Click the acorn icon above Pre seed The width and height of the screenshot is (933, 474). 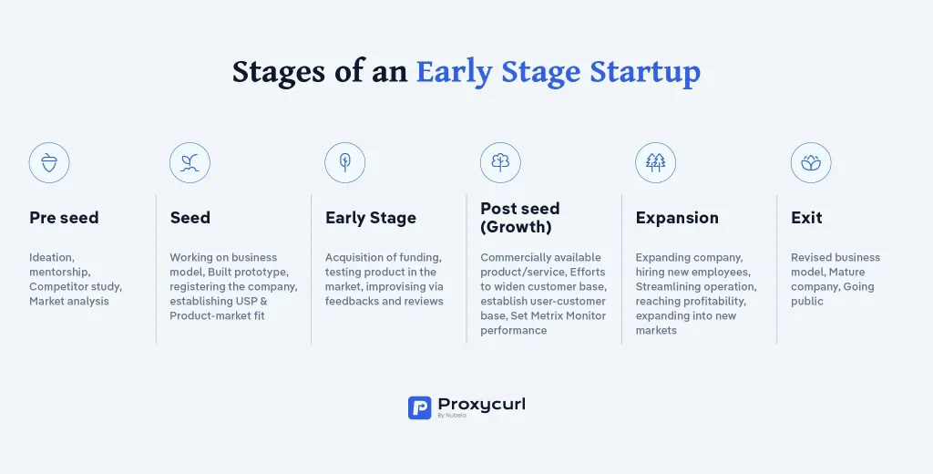(x=49, y=162)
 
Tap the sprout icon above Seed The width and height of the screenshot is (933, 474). (x=190, y=162)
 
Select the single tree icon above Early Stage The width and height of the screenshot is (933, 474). (x=345, y=162)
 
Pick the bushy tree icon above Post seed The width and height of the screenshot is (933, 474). (x=500, y=162)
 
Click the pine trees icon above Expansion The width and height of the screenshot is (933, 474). (x=656, y=162)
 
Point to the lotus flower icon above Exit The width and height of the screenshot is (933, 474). (x=811, y=162)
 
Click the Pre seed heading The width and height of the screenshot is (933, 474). (x=64, y=218)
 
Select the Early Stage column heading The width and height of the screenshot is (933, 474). (x=371, y=218)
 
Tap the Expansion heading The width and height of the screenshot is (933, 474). (x=677, y=218)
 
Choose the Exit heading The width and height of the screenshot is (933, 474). (x=806, y=218)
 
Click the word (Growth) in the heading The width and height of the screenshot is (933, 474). (x=516, y=227)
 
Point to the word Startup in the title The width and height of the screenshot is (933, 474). (x=645, y=72)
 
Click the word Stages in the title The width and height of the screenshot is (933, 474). (x=279, y=73)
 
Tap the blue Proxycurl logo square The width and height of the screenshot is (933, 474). (x=419, y=407)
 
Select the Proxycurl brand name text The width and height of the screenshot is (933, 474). (x=481, y=405)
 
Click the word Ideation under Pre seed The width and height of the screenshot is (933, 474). (x=52, y=257)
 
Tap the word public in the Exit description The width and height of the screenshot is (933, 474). (x=807, y=302)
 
